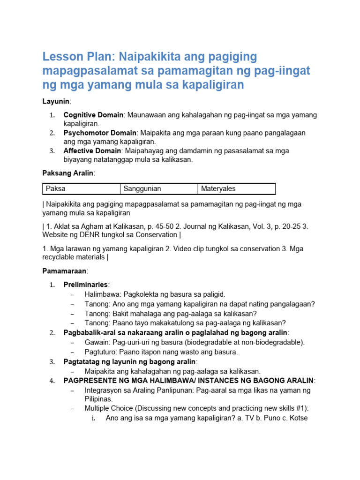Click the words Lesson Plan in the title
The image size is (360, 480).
click(x=77, y=57)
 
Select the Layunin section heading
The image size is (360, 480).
click(x=56, y=101)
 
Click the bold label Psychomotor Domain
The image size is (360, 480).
click(x=100, y=133)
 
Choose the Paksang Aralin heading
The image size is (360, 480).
click(x=68, y=173)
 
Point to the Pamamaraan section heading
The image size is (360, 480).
click(x=65, y=271)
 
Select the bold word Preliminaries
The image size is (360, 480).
click(x=85, y=285)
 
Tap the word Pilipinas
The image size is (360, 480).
click(x=98, y=399)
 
